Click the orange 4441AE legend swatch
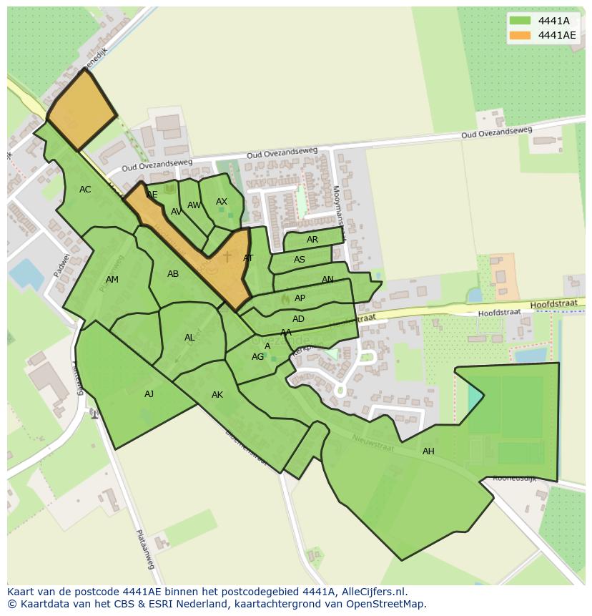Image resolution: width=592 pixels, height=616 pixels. [520, 35]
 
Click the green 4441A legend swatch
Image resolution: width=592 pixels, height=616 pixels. [520, 21]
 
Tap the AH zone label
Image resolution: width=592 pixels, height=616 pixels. [428, 451]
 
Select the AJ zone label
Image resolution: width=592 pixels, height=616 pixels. [149, 394]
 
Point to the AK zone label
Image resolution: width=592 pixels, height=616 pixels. [217, 395]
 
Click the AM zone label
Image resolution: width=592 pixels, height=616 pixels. [112, 280]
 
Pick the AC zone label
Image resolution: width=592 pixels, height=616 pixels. [85, 190]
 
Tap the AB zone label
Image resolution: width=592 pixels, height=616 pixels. [173, 274]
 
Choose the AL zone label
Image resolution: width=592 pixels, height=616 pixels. [189, 338]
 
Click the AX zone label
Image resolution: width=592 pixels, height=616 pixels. [222, 202]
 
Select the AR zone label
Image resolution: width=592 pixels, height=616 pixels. [312, 240]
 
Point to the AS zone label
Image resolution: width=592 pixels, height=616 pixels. [300, 260]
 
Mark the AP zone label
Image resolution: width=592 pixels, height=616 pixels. [300, 298]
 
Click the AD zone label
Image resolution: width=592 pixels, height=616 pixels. [299, 319]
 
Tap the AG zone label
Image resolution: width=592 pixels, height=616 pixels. [257, 357]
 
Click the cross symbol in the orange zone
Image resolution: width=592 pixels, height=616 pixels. [227, 256]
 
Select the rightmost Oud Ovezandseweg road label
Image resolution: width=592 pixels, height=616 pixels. [496, 132]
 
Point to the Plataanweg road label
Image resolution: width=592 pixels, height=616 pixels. [146, 549]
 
